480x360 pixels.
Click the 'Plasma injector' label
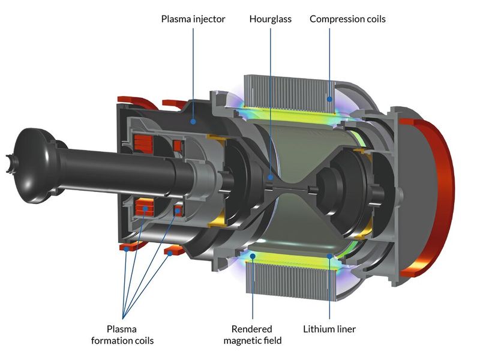[193, 19]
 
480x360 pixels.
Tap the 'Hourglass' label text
[270, 19]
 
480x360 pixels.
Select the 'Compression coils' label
[347, 19]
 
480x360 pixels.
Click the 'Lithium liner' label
[329, 329]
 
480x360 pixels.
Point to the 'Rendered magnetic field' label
[252, 335]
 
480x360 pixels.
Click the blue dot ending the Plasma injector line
[193, 121]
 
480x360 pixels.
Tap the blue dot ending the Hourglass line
[271, 177]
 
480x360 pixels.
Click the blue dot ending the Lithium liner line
[329, 256]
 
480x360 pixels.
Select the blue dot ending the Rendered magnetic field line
[253, 256]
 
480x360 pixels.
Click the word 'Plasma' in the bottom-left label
[122, 329]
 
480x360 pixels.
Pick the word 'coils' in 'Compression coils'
[373, 19]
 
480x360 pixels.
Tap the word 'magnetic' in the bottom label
[252, 341]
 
